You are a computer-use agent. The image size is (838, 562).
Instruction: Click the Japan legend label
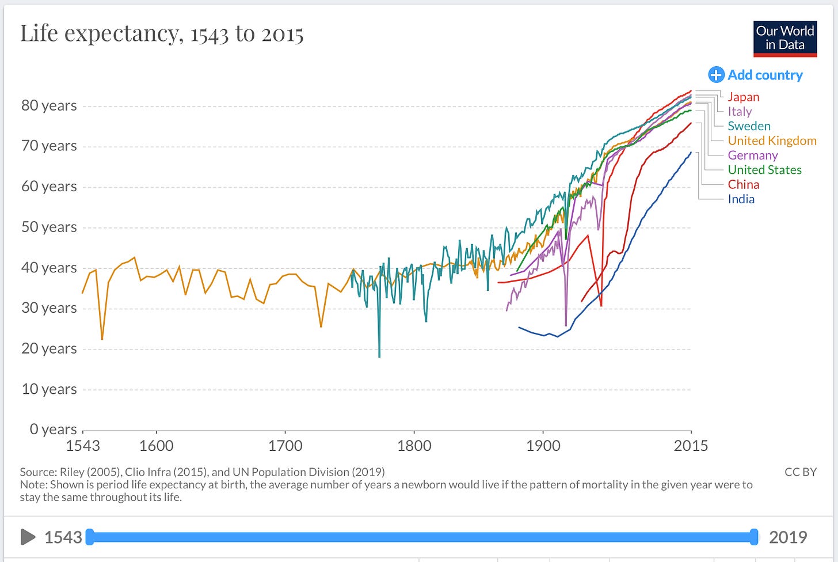(x=744, y=97)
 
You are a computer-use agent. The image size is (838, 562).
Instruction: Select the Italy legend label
(x=740, y=112)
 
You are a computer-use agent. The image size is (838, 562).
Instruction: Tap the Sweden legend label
(x=749, y=126)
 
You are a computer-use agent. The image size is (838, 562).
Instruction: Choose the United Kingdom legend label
(x=772, y=140)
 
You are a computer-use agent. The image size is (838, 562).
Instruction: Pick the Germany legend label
(x=753, y=155)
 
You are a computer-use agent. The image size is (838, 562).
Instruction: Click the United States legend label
(x=765, y=170)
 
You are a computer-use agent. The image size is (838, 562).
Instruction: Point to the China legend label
(x=744, y=184)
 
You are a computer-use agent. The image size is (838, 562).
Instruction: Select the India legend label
(x=741, y=199)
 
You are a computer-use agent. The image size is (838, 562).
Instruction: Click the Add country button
(x=755, y=75)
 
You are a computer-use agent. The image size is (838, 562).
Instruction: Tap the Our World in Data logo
(x=785, y=39)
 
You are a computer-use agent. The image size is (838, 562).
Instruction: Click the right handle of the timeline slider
(x=754, y=537)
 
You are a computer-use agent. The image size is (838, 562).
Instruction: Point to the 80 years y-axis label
(x=49, y=105)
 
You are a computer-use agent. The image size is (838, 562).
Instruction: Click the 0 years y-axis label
(x=53, y=429)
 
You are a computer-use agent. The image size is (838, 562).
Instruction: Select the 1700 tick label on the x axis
(x=285, y=446)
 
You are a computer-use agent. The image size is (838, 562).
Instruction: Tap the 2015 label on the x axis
(x=691, y=446)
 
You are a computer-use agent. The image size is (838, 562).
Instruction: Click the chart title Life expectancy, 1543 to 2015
(x=162, y=33)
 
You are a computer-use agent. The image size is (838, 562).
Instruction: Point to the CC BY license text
(x=801, y=472)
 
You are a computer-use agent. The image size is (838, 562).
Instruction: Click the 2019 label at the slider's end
(x=788, y=537)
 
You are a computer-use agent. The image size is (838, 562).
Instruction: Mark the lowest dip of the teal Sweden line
(x=379, y=357)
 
